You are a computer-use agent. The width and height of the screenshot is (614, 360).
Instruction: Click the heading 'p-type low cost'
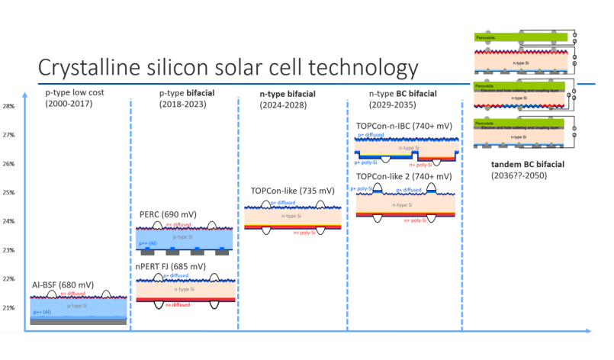85,92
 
